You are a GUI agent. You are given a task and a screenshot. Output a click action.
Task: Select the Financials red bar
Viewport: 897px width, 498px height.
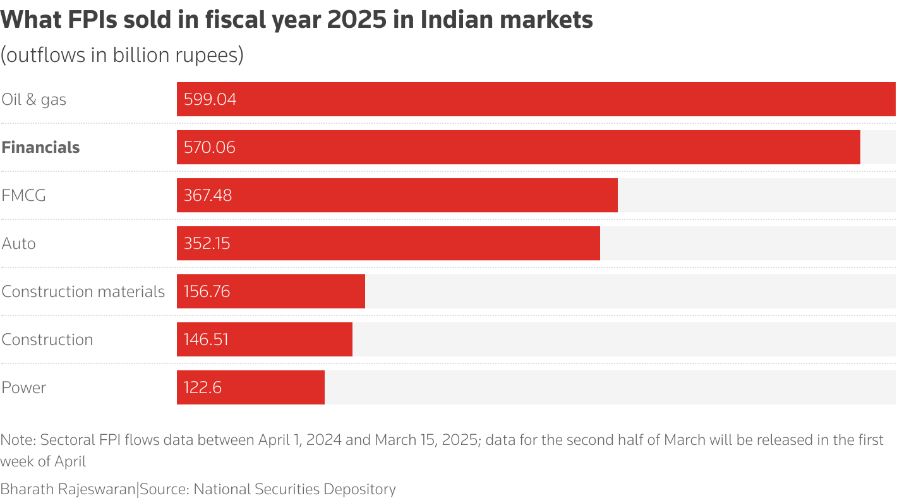pos(518,147)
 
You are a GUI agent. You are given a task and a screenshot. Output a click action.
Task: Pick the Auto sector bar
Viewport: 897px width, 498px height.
pos(388,243)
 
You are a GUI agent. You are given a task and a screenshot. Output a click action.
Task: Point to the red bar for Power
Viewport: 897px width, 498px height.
pos(250,387)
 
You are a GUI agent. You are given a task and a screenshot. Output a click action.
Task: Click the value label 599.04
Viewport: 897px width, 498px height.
pos(210,99)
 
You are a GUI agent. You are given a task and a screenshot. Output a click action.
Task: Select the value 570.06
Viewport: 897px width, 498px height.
pos(209,147)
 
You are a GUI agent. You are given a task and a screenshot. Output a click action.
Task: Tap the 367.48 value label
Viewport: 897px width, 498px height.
pos(208,195)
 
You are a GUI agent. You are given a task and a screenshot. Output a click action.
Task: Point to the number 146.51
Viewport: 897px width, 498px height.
pos(206,339)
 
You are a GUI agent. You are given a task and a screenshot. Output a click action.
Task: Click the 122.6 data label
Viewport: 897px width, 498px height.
pos(202,387)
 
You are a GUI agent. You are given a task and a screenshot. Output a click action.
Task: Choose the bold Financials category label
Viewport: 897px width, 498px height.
pos(40,147)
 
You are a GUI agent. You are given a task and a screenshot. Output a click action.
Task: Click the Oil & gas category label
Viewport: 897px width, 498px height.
pos(33,99)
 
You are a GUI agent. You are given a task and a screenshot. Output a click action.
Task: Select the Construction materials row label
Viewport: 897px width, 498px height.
pos(83,291)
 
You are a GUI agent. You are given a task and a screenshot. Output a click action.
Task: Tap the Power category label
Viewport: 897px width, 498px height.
pos(24,387)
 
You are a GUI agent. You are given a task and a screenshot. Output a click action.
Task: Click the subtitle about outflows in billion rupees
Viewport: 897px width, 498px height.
pos(122,55)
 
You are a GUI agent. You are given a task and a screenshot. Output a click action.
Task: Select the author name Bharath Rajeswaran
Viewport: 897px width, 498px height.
pos(68,489)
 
